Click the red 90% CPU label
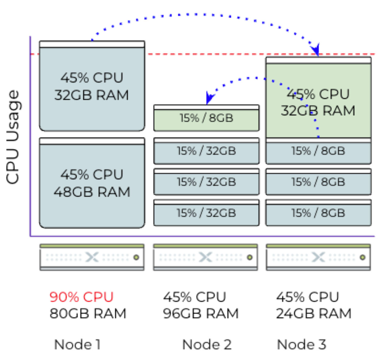point(81,297)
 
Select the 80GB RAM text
point(88,313)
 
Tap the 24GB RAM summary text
point(314,313)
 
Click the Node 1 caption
point(77,344)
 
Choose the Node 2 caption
point(207,344)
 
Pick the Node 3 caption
point(301,344)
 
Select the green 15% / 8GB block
point(206,118)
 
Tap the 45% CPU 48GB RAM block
point(92,183)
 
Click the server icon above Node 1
point(92,257)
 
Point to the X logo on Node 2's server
point(205,257)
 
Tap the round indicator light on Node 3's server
point(362,257)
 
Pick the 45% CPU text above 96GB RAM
point(194,297)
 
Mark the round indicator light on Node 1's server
point(136,257)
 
